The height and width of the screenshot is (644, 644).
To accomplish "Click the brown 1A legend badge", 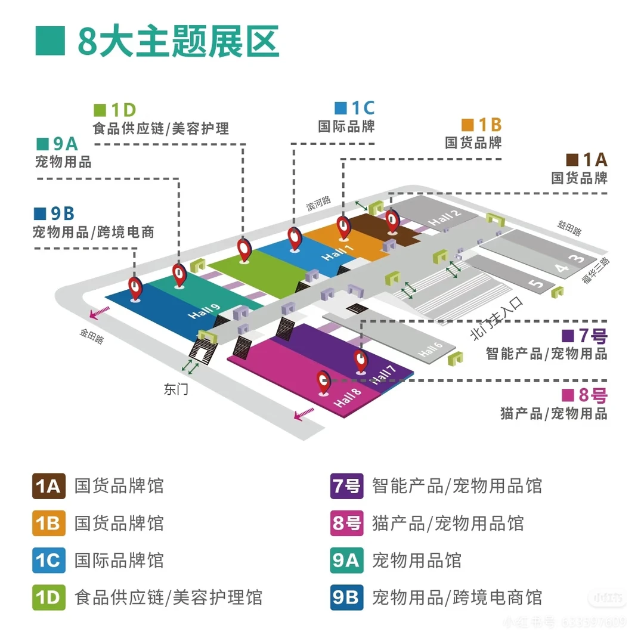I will (48, 486).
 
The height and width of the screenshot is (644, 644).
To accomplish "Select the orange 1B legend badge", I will (48, 523).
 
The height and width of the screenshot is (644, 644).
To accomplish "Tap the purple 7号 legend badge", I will (346, 486).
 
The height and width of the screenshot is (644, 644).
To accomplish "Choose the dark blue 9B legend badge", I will (346, 597).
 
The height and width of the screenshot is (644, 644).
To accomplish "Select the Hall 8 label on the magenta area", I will (348, 398).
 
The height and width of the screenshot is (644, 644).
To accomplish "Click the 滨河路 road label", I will (318, 204).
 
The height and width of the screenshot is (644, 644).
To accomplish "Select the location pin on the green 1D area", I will (244, 249).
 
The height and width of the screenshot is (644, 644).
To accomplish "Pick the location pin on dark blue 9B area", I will (136, 288).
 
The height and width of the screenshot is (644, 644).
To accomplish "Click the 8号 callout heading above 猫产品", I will (585, 395).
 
